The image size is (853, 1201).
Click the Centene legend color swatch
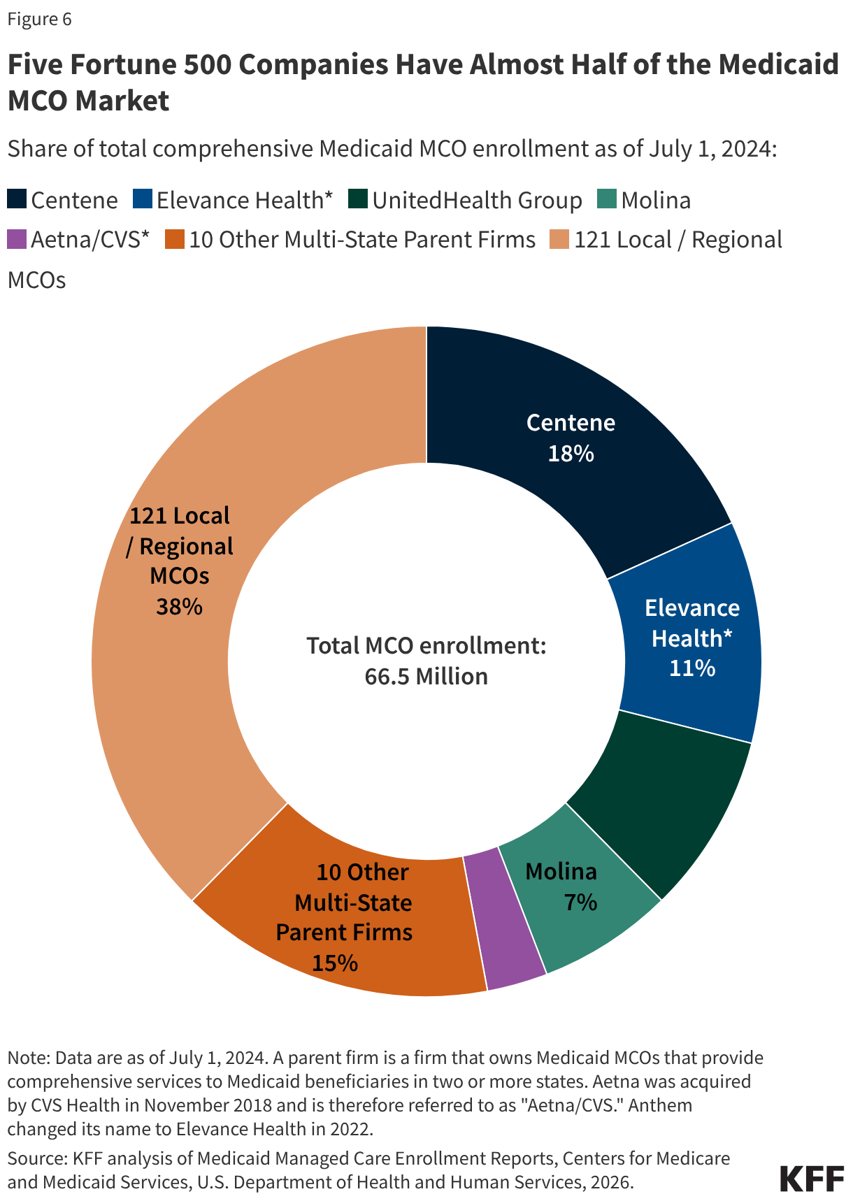[17, 199]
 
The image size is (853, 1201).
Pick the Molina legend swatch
[607, 199]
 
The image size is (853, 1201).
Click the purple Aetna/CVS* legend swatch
[17, 239]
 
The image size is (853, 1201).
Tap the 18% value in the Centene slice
[571, 454]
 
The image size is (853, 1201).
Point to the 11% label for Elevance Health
[691, 669]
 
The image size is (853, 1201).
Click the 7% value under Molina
[580, 902]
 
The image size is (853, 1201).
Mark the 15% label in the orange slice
[334, 963]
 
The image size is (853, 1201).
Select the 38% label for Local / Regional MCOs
[179, 607]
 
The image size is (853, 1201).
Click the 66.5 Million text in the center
[426, 677]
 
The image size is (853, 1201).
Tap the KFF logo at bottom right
[812, 1179]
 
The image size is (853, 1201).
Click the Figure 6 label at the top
[39, 19]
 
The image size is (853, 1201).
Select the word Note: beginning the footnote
[28, 1058]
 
